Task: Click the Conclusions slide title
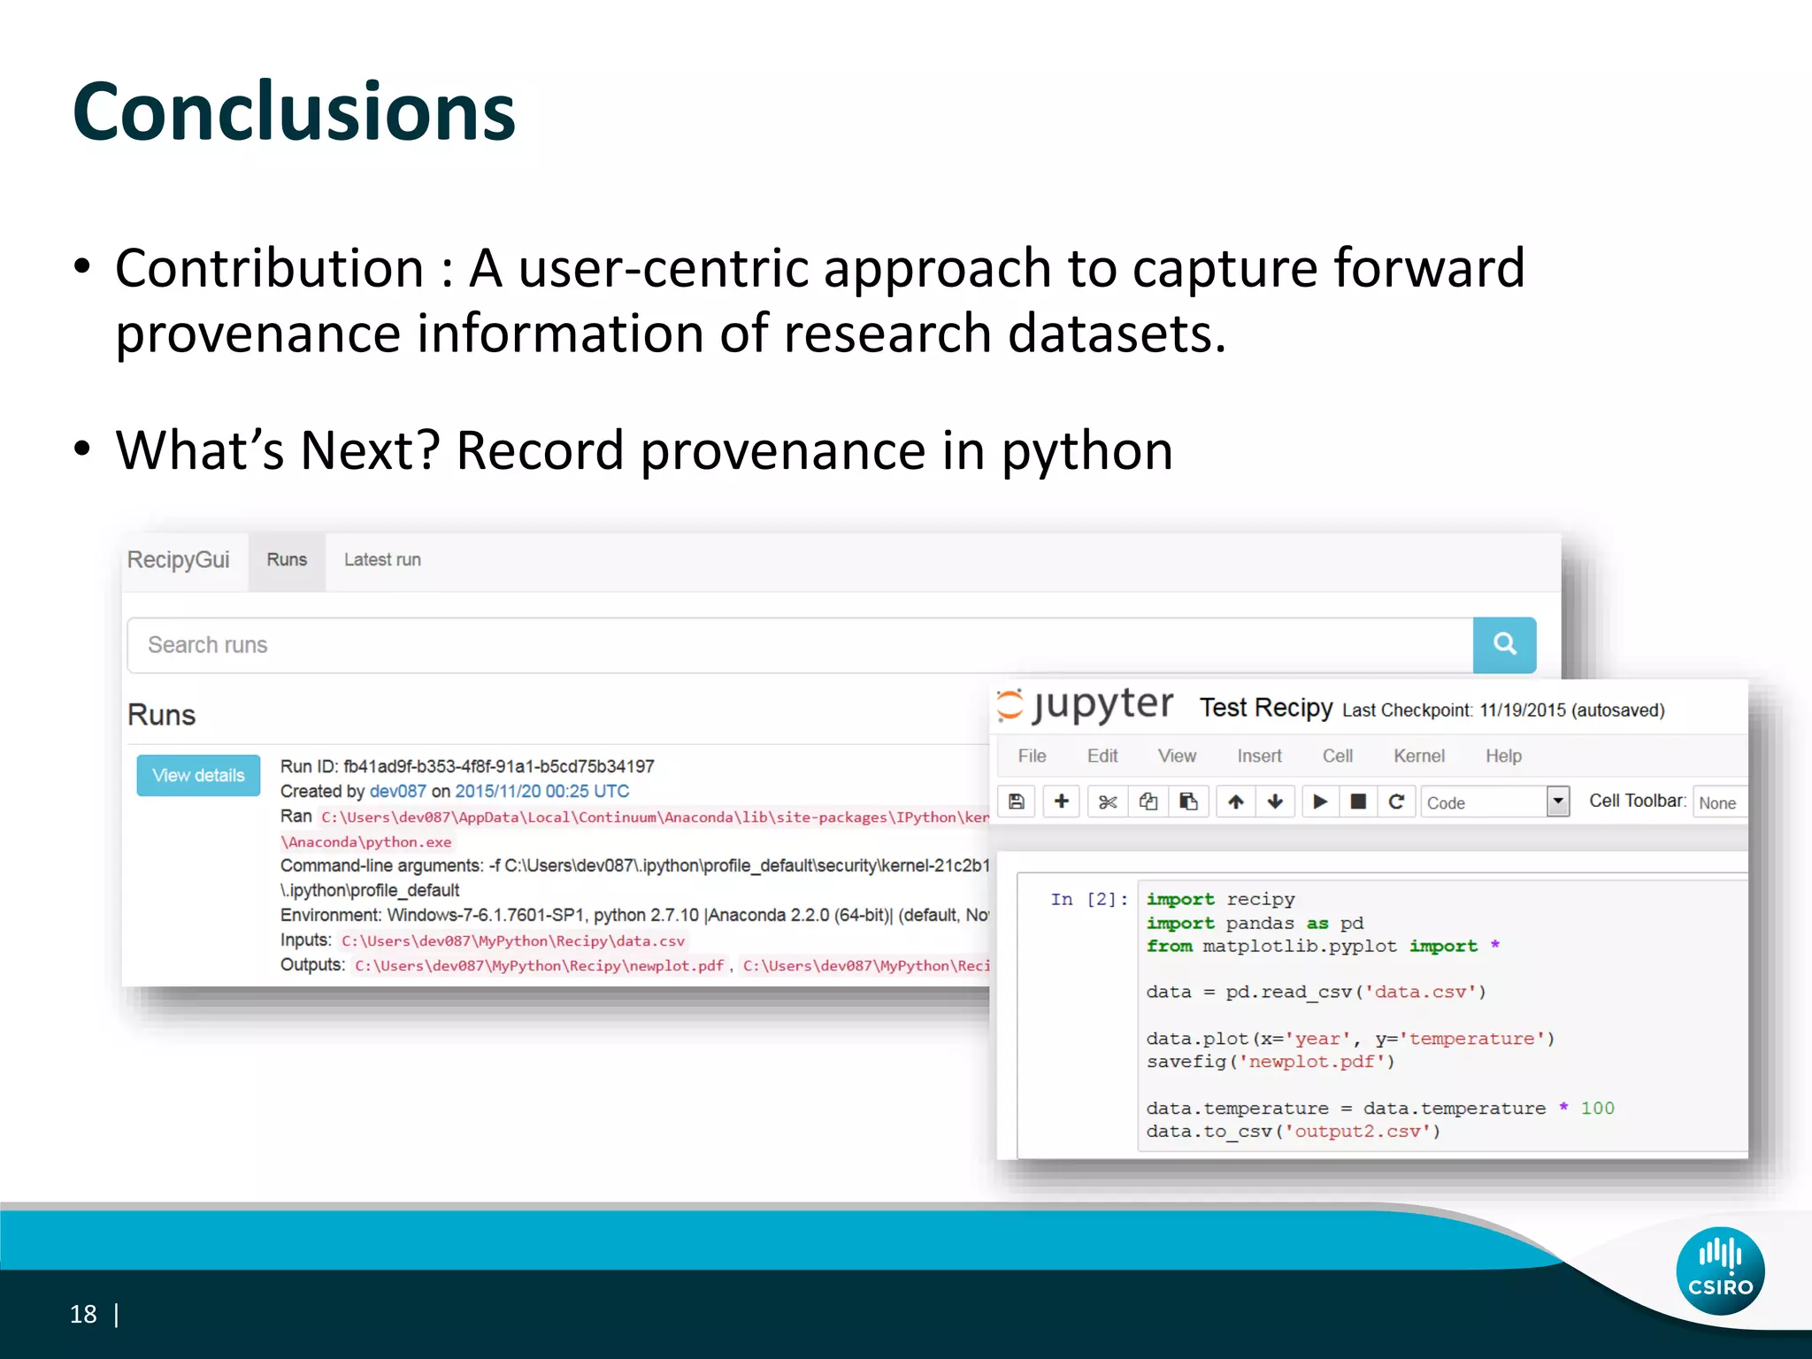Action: click(294, 112)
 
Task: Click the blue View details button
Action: click(198, 775)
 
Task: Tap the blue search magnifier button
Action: click(1504, 644)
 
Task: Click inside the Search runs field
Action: click(796, 645)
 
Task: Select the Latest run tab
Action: click(382, 560)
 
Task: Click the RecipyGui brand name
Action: click(178, 560)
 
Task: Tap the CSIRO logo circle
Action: click(1720, 1271)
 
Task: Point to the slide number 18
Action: click(83, 1315)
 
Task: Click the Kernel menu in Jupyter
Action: click(1418, 756)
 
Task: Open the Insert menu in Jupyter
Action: click(1259, 756)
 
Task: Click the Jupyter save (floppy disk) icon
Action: click(1017, 802)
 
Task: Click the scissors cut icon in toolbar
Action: click(1107, 802)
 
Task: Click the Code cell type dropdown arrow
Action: click(1558, 802)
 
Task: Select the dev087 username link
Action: click(397, 792)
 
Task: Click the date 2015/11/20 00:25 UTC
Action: click(541, 792)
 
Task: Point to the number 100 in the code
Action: click(1597, 1109)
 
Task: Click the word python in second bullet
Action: click(1086, 451)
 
